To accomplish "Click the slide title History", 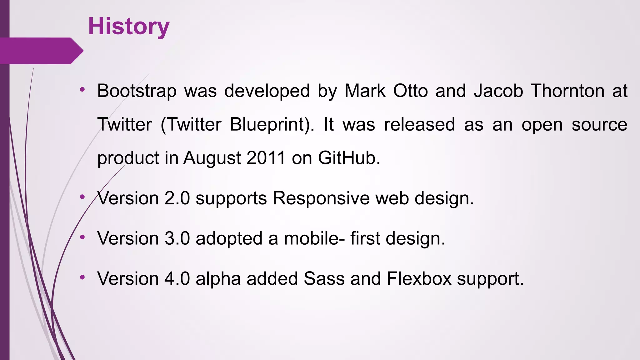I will click(129, 26).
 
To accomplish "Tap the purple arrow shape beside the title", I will click(42, 51).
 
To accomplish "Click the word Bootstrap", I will click(137, 91).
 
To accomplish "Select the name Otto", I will click(410, 91).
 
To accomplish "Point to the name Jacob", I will click(498, 91).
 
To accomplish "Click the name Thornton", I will click(567, 91).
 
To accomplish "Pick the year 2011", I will click(266, 158).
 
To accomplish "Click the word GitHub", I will click(349, 158).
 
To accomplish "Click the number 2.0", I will click(177, 198).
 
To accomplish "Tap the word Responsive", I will click(321, 198).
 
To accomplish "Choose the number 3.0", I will click(177, 238).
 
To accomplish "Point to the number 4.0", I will click(177, 278).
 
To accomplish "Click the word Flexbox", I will click(419, 278).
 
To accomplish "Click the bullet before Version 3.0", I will click(82, 237).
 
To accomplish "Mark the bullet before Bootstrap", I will click(82, 90).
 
